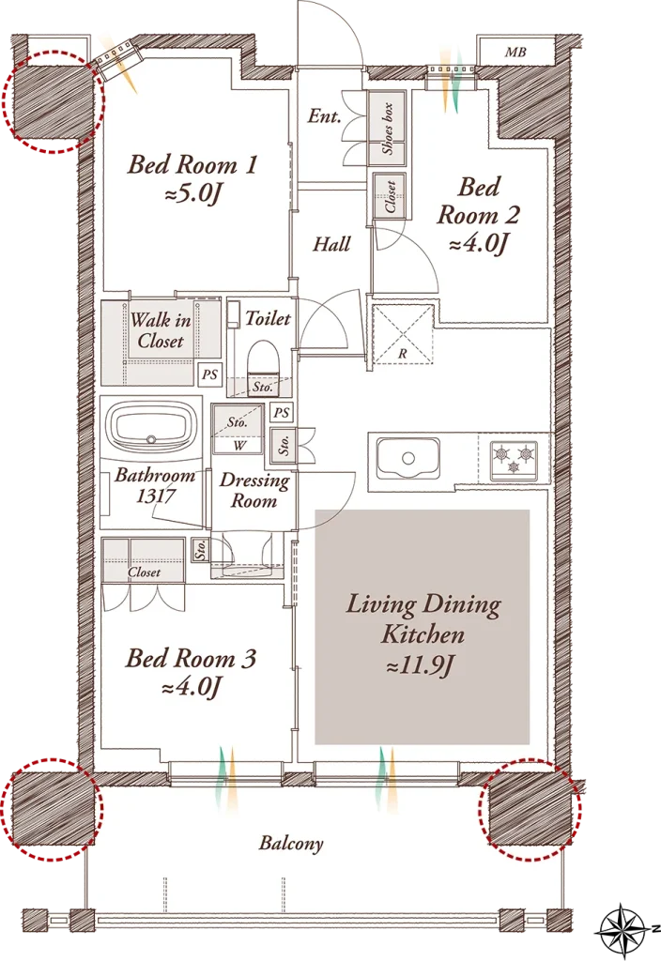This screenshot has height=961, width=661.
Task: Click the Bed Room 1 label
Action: pyautogui.click(x=192, y=178)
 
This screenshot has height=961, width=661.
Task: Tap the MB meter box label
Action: pyautogui.click(x=515, y=53)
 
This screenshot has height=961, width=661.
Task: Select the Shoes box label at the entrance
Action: pyautogui.click(x=388, y=128)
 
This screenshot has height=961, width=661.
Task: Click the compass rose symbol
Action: pyautogui.click(x=623, y=932)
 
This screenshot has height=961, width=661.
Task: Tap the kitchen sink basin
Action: pyautogui.click(x=408, y=458)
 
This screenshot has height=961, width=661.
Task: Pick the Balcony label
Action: pyautogui.click(x=291, y=844)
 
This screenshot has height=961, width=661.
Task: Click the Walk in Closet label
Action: pyautogui.click(x=161, y=329)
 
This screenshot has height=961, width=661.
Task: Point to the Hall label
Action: pyautogui.click(x=331, y=245)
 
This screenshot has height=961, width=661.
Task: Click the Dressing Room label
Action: pyautogui.click(x=254, y=490)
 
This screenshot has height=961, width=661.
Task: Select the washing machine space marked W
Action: pyautogui.click(x=238, y=446)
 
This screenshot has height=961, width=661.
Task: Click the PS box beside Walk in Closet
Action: pyautogui.click(x=209, y=374)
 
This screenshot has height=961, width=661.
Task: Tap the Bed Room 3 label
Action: pyautogui.click(x=190, y=672)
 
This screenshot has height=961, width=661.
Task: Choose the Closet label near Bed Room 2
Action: pyautogui.click(x=391, y=196)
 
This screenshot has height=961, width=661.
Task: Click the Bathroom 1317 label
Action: pyautogui.click(x=155, y=485)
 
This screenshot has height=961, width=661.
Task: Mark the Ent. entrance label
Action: pyautogui.click(x=325, y=115)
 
